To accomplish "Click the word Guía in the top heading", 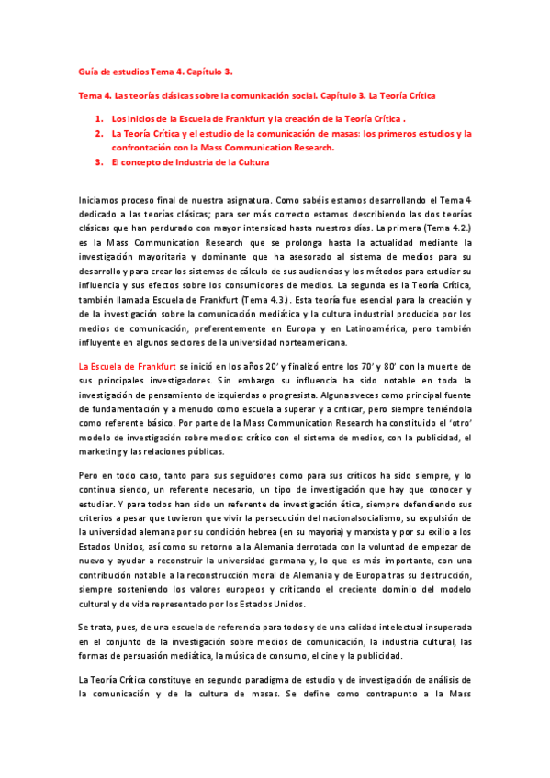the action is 88,72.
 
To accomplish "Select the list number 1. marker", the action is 98,119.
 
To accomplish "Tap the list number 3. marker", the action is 98,162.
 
